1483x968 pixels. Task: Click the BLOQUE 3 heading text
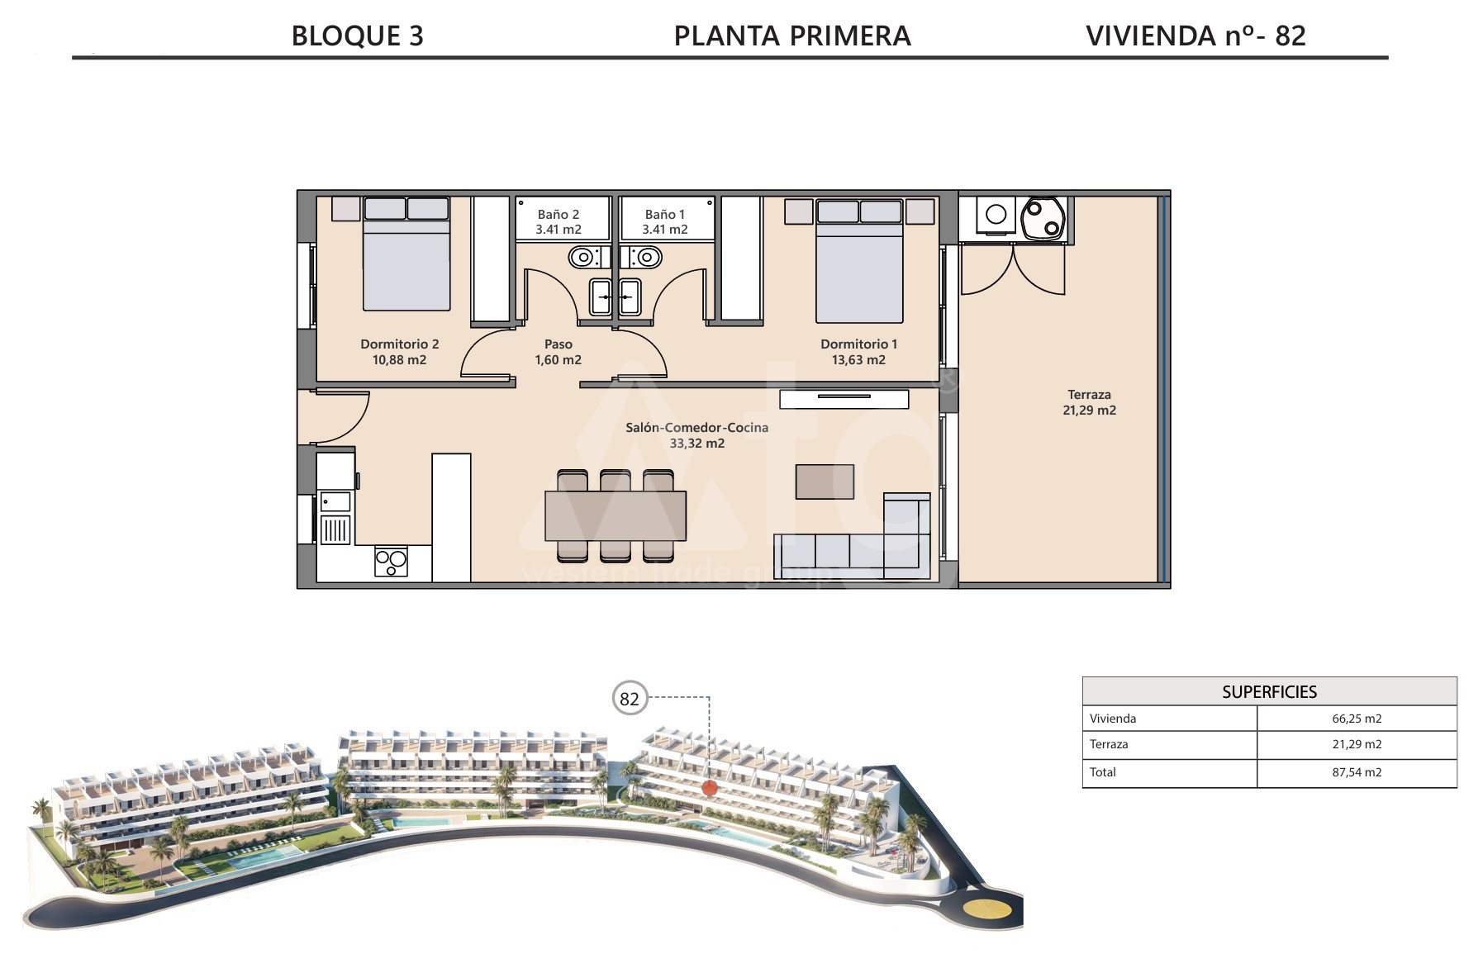point(358,36)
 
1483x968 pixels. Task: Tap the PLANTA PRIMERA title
point(792,36)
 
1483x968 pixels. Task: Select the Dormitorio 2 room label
point(400,344)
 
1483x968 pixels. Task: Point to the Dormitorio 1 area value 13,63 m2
point(859,360)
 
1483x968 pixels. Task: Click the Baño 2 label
point(559,215)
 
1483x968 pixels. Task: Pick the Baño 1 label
point(665,215)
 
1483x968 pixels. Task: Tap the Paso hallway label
point(559,344)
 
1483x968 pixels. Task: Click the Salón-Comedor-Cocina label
point(697,428)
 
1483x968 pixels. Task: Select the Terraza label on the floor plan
point(1089,395)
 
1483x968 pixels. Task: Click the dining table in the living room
point(616,515)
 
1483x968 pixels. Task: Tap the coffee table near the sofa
point(825,482)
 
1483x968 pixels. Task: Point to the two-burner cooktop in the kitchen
point(391,562)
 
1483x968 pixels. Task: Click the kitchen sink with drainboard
point(335,516)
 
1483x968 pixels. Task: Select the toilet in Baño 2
point(585,258)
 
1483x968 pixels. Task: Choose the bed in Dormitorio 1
point(859,261)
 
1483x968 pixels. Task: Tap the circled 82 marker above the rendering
point(630,699)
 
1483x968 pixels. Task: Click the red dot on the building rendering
point(709,788)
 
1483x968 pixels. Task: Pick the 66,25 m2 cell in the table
point(1357,719)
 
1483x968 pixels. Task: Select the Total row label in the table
point(1103,772)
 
